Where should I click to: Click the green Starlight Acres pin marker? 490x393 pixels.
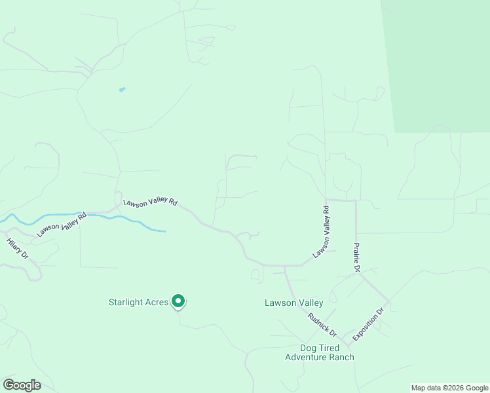(178, 301)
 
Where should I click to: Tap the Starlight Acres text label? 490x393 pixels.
(139, 302)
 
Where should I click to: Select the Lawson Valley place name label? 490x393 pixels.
(294, 303)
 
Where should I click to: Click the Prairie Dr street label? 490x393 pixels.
(357, 258)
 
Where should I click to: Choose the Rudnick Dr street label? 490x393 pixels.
(322, 323)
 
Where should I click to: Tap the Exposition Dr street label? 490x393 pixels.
(367, 325)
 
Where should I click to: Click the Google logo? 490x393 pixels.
(22, 384)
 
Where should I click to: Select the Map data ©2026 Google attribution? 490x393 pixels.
(449, 388)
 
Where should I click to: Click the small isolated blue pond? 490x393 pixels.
(122, 89)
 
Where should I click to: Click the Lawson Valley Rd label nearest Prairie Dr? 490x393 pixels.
(321, 231)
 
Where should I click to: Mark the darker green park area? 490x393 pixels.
(439, 65)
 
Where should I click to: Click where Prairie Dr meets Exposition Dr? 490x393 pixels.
(389, 302)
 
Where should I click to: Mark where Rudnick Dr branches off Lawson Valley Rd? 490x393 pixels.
(285, 266)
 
